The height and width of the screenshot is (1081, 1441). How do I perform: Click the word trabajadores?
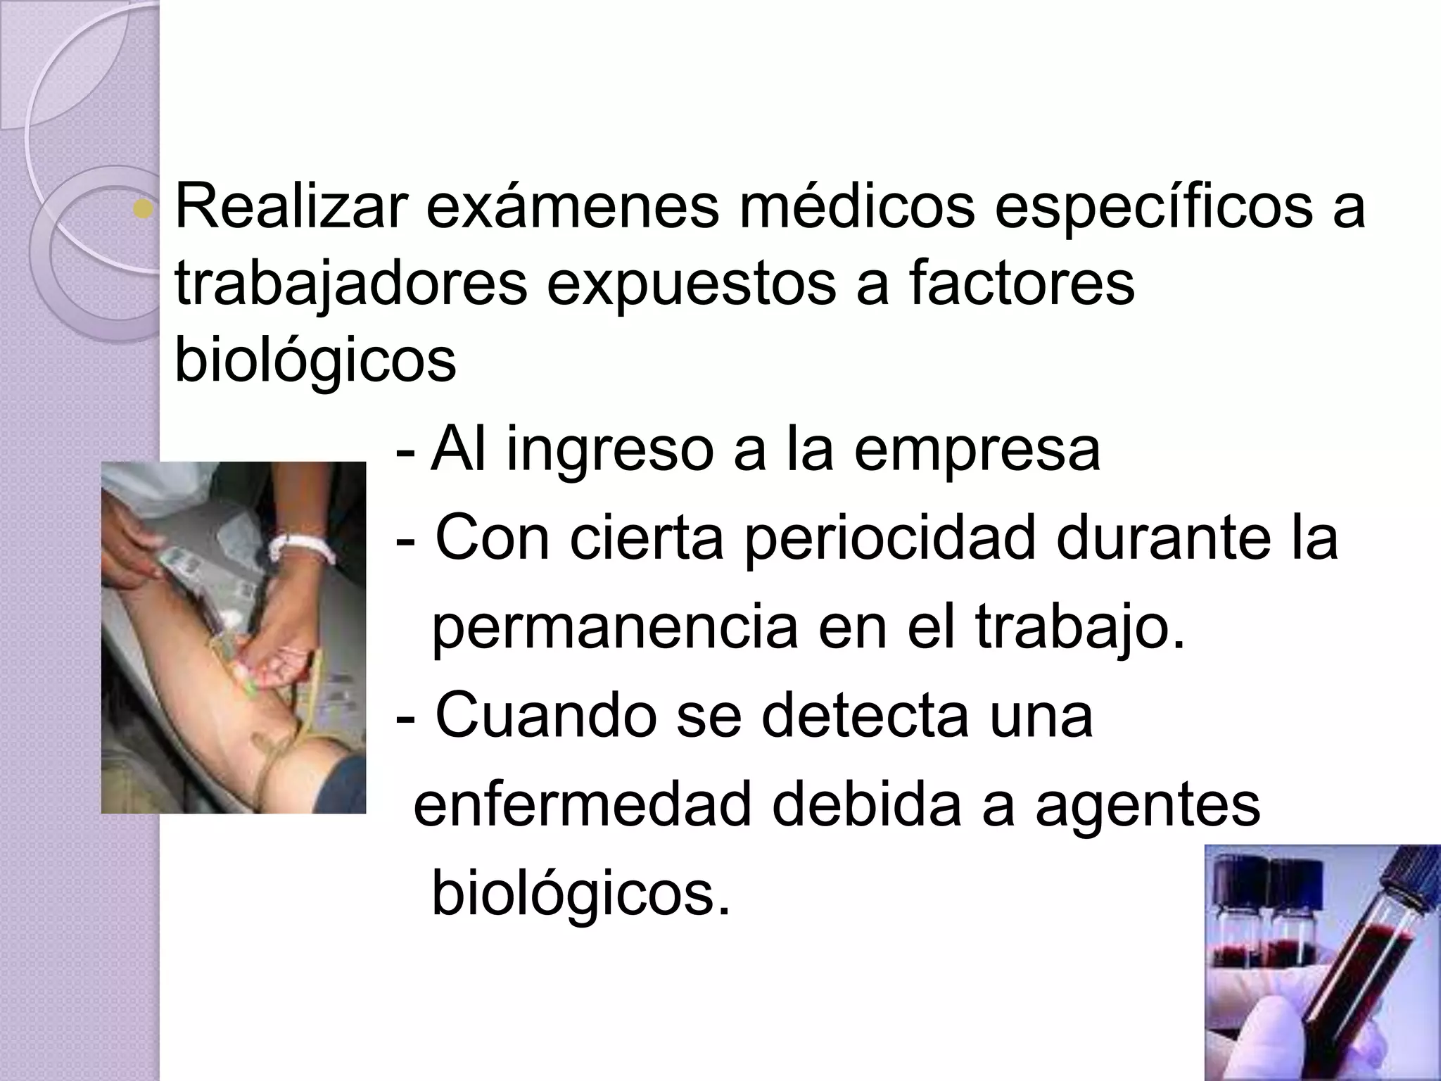[350, 285]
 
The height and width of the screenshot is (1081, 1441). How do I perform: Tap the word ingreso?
[609, 452]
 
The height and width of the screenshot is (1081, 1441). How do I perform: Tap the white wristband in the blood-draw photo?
[303, 548]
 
